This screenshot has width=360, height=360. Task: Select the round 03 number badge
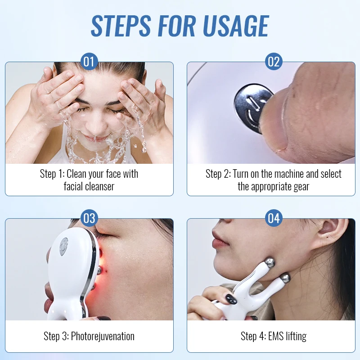(x=89, y=218)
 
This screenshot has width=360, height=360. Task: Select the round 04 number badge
(x=274, y=218)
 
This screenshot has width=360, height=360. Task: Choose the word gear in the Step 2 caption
(x=300, y=186)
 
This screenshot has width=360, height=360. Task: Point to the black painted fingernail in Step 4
(x=230, y=299)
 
